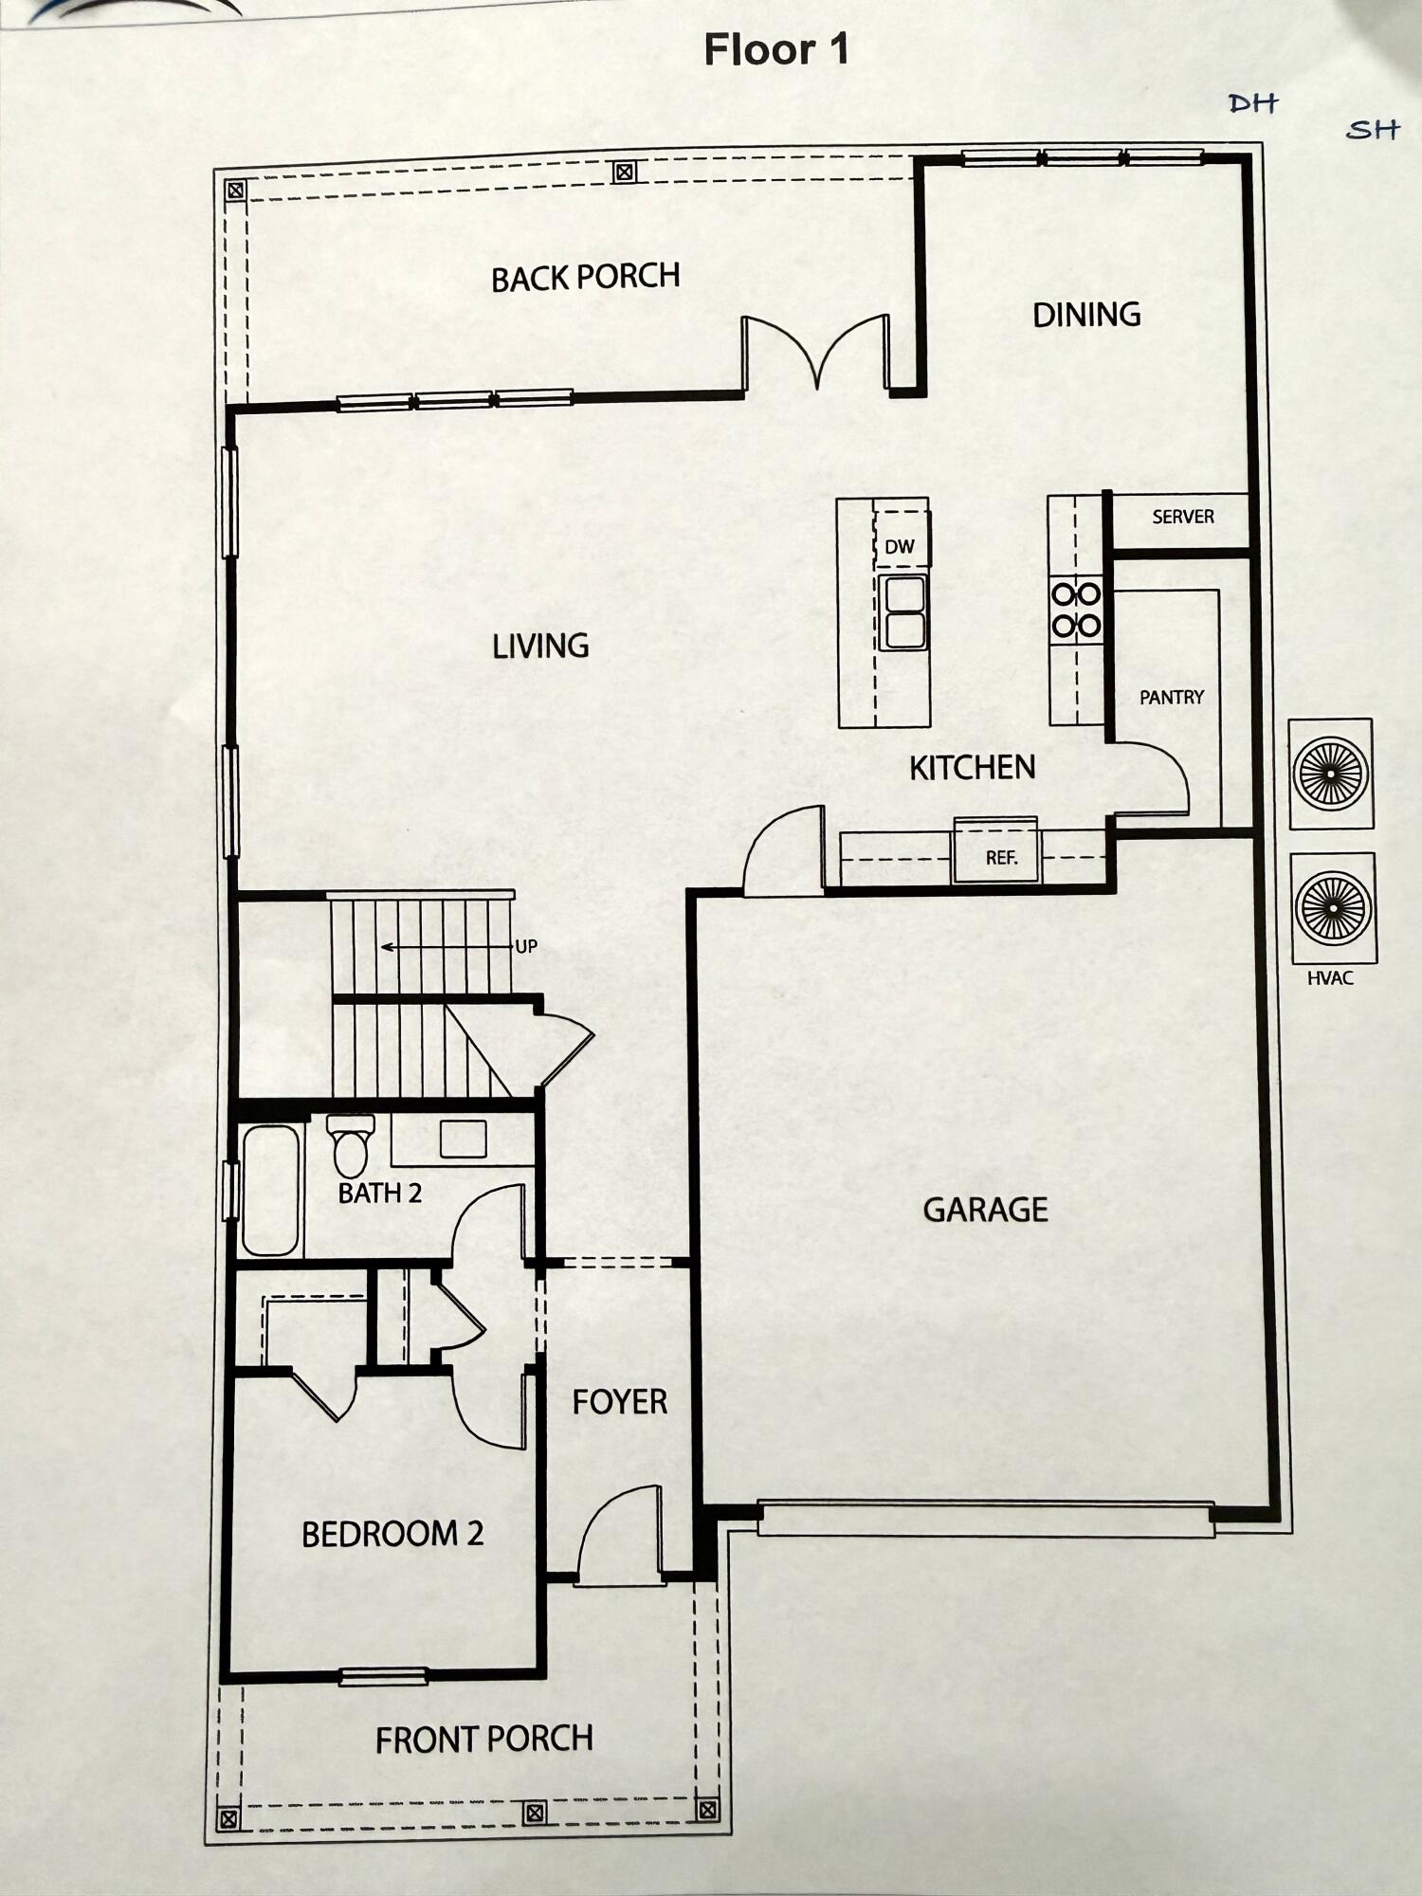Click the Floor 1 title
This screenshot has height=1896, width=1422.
[775, 50]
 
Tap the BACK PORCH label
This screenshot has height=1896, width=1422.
[585, 277]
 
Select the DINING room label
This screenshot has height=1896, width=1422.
[1085, 315]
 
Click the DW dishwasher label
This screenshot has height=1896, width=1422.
[899, 547]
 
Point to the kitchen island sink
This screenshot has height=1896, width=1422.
[902, 612]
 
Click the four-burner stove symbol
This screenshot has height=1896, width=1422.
[1076, 610]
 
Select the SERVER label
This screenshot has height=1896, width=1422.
[1182, 518]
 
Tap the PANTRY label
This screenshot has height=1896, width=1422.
[1171, 698]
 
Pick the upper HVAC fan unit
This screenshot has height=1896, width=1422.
[1330, 774]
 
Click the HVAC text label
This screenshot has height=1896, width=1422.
[1329, 978]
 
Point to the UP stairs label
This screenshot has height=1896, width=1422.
[526, 946]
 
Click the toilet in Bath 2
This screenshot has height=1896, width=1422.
[350, 1146]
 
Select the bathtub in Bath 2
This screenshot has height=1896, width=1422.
[270, 1191]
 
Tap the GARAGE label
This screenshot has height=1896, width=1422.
[985, 1211]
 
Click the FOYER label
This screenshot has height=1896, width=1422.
[619, 1402]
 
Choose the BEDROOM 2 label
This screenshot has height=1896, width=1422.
[392, 1534]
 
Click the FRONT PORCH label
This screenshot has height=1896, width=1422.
[483, 1740]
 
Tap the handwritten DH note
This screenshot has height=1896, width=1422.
[1252, 103]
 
